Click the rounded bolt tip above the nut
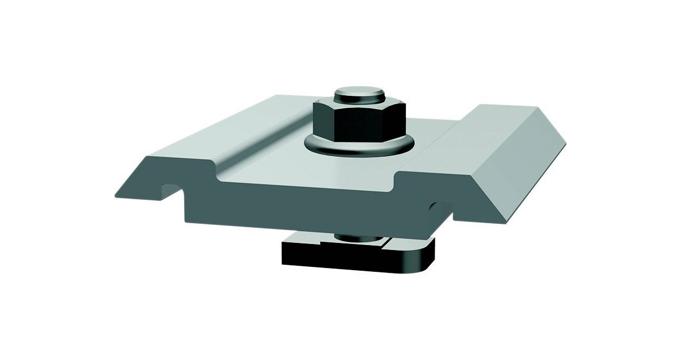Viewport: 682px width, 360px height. [359, 95]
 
